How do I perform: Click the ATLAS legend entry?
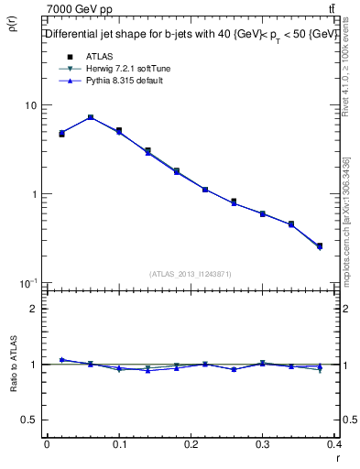(98, 56)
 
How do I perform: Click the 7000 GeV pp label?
(77, 8)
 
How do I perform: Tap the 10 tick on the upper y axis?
(30, 105)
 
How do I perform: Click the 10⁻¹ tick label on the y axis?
(28, 283)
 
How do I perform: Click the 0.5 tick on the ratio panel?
(30, 420)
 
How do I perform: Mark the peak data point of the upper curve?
(91, 117)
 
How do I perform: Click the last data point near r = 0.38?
(319, 245)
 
